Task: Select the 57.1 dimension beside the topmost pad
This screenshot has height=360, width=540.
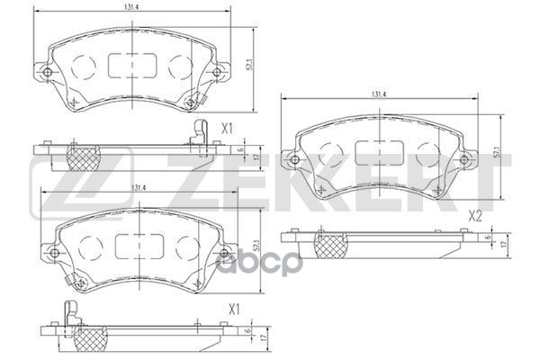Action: [x=256, y=65]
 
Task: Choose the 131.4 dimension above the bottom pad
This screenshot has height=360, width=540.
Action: [x=138, y=188]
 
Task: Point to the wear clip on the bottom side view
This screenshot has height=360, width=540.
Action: [x=73, y=318]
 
